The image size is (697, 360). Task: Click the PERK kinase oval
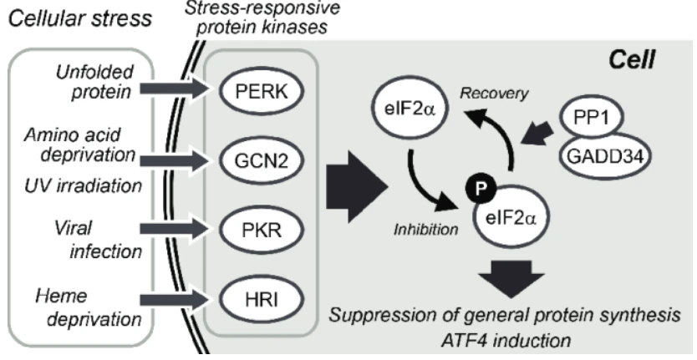[x=261, y=91]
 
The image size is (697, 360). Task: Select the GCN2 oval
[x=261, y=160]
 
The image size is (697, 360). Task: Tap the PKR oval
[x=261, y=230]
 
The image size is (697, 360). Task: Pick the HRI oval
[x=261, y=299]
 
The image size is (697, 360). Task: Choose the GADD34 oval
[x=605, y=156]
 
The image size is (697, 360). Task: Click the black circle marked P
[x=481, y=189]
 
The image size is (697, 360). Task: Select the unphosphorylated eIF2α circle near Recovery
[x=409, y=109]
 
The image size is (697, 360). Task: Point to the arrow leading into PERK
[x=176, y=89]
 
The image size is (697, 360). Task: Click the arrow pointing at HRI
[x=176, y=300]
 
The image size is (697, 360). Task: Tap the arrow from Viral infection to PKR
[x=176, y=230]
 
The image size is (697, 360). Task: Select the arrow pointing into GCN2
[x=176, y=160]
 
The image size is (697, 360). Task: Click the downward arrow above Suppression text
[x=511, y=279]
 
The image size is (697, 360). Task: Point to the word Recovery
[x=494, y=93]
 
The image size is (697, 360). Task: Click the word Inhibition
[x=425, y=230]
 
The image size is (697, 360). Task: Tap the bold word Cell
[x=631, y=59]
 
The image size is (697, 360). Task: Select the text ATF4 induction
[x=506, y=341]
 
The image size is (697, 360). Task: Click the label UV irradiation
[x=83, y=185]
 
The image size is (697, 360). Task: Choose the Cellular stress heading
[x=80, y=18]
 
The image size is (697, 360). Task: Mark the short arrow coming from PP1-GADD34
[x=537, y=134]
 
